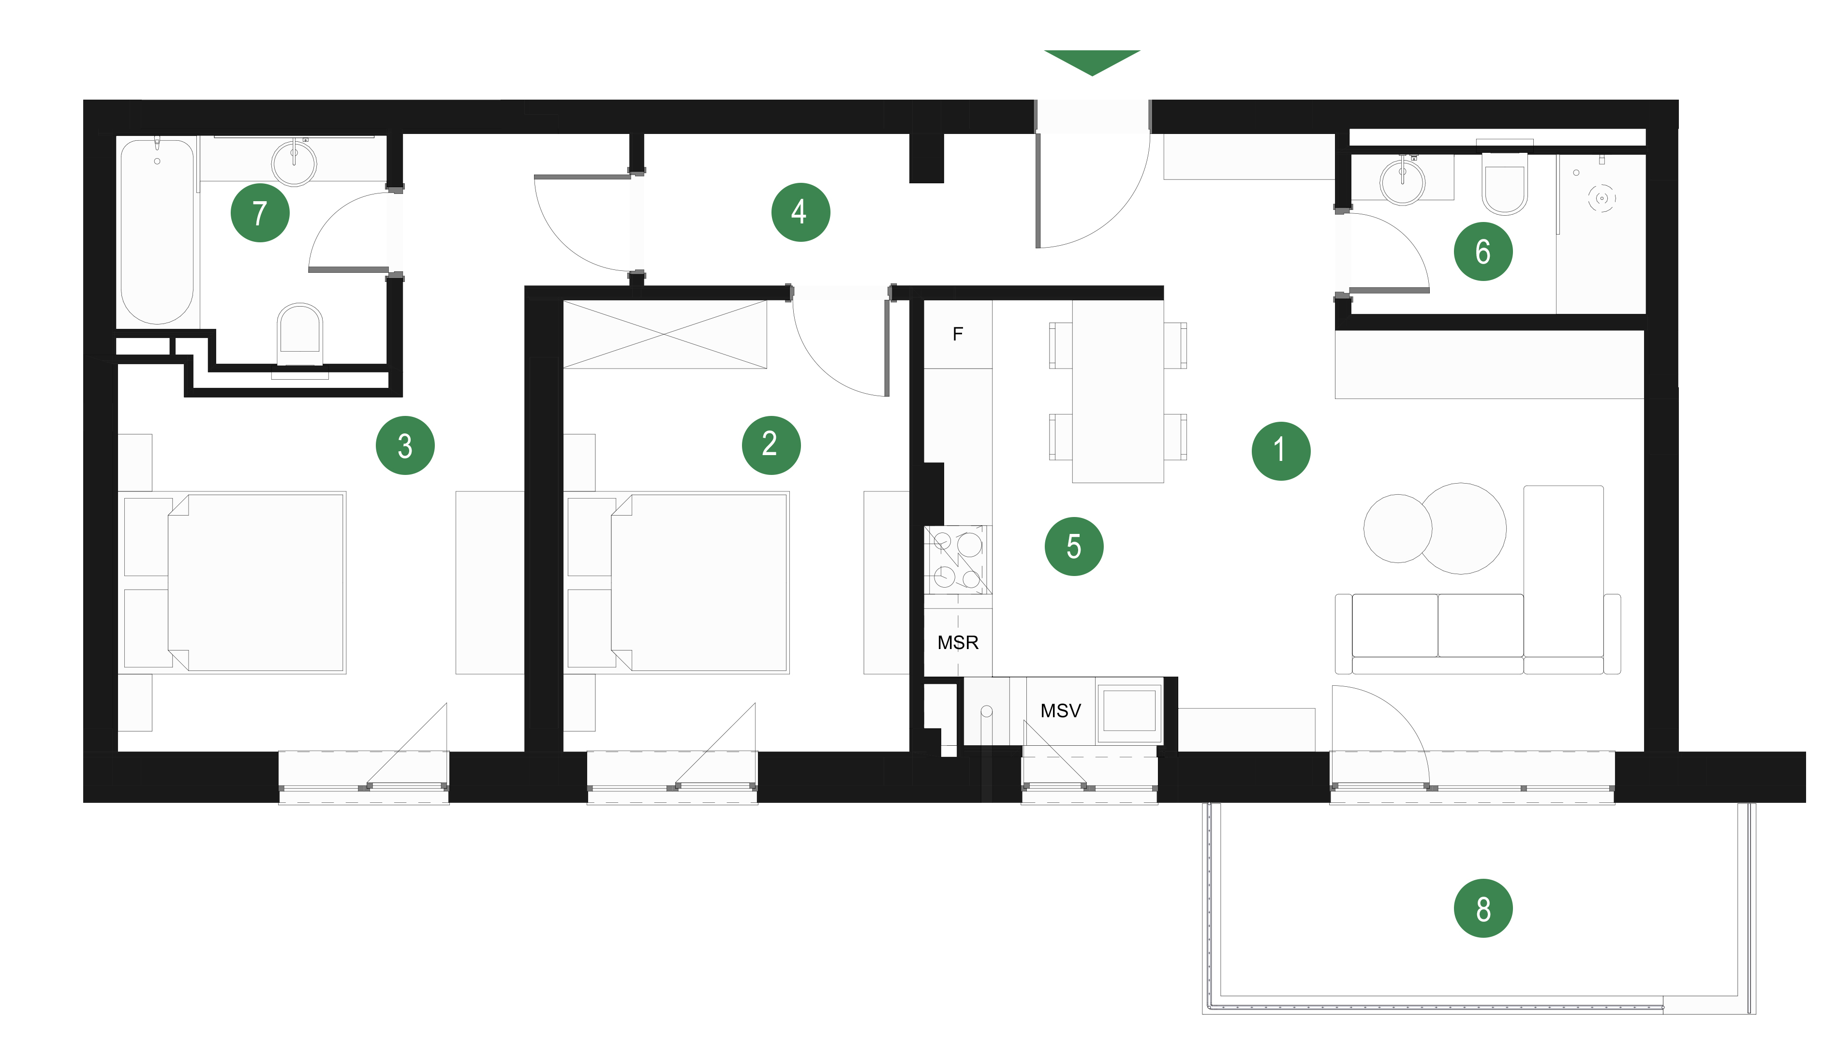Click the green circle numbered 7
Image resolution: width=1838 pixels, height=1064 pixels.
pos(260,213)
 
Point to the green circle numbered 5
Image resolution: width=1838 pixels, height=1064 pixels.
pos(1074,546)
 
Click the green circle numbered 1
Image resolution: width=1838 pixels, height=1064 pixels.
pos(1281,451)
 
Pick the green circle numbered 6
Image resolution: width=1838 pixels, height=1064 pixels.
pos(1483,251)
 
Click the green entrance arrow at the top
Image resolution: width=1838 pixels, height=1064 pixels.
pos(1092,62)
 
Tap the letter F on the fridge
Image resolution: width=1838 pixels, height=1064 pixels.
pos(958,334)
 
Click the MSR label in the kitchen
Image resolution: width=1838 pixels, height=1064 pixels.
pos(958,642)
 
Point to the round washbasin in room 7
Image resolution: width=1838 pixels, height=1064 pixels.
pos(294,163)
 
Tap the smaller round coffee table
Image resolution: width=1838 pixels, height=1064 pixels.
pos(1397,528)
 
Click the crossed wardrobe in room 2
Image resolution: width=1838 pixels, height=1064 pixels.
pos(665,335)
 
